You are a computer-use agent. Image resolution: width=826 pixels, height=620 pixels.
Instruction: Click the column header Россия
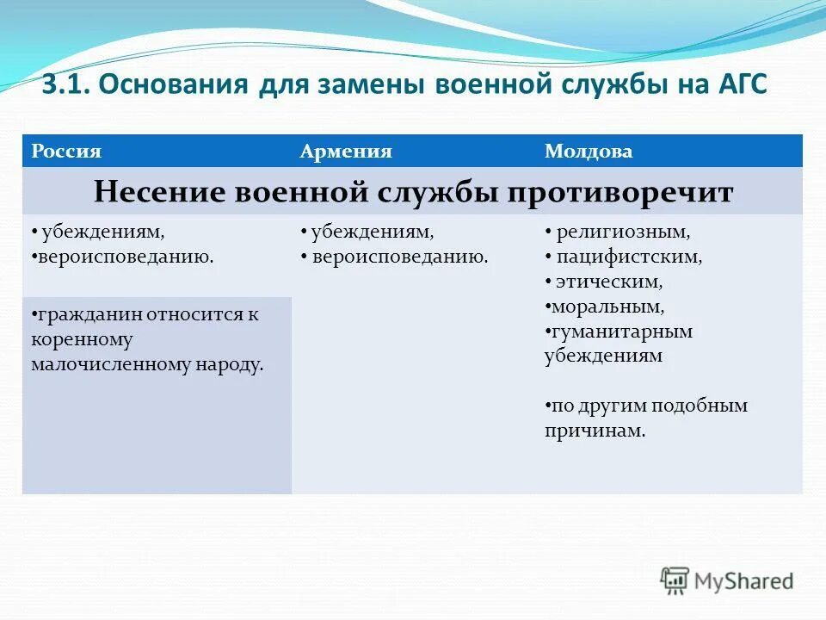pyautogui.click(x=67, y=152)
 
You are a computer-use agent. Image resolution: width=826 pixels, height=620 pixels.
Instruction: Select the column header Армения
pyautogui.click(x=346, y=152)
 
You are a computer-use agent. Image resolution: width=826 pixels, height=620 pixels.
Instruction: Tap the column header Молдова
pyautogui.click(x=589, y=152)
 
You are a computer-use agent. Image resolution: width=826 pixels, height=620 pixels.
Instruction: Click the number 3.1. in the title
pyautogui.click(x=68, y=85)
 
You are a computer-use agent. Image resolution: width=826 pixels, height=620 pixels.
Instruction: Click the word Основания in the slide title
pyautogui.click(x=171, y=85)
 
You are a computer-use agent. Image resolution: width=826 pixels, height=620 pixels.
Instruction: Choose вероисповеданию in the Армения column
pyautogui.click(x=400, y=257)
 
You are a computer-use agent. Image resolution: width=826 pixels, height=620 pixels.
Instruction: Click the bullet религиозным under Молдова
pyautogui.click(x=623, y=232)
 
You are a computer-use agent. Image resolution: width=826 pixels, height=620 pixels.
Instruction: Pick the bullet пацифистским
pyautogui.click(x=629, y=257)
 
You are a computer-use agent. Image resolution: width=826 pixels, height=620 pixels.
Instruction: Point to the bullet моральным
pyautogui.click(x=608, y=307)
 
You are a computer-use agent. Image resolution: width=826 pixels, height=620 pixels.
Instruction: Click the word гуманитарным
pyautogui.click(x=622, y=332)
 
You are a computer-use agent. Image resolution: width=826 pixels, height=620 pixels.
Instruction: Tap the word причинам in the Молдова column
pyautogui.click(x=595, y=431)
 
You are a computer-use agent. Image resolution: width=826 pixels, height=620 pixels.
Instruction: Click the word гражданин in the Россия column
pyautogui.click(x=88, y=314)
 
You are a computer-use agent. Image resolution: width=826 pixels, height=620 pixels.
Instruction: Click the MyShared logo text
pyautogui.click(x=744, y=581)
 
